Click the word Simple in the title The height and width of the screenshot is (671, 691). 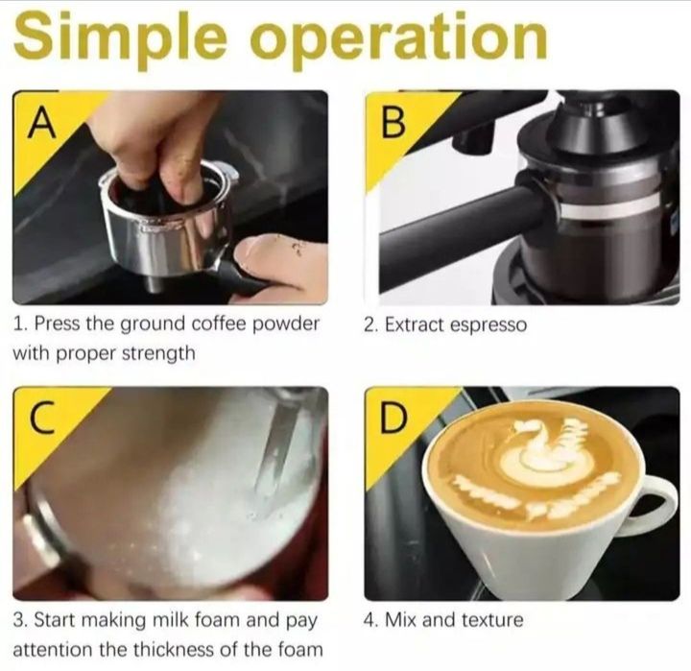pyautogui.click(x=120, y=38)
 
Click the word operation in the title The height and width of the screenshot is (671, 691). pyautogui.click(x=399, y=37)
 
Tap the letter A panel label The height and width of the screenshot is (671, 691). pyautogui.click(x=42, y=123)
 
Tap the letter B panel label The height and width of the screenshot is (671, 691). pyautogui.click(x=393, y=123)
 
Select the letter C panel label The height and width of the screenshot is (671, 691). pyautogui.click(x=42, y=417)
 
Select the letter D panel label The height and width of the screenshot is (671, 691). pyautogui.click(x=393, y=417)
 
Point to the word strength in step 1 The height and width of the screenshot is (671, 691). pyautogui.click(x=158, y=353)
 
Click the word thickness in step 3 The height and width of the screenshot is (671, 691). pyautogui.click(x=176, y=649)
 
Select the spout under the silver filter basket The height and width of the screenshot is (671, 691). pyautogui.click(x=154, y=282)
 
